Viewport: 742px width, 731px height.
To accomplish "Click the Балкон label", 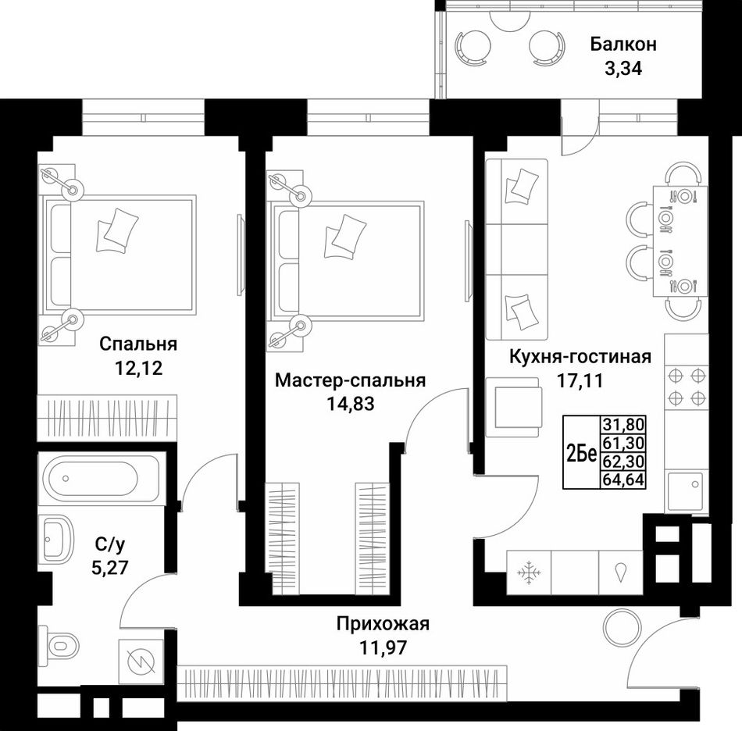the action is tap(623, 45).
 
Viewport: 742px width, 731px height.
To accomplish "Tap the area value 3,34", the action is tap(623, 69).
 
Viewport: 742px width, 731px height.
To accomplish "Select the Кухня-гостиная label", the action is tap(580, 356).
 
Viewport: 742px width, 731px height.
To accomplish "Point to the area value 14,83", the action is tap(350, 404).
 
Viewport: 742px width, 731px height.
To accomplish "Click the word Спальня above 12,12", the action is tap(138, 344).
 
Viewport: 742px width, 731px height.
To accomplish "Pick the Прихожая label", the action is tap(383, 624).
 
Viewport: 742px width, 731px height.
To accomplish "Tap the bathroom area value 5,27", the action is tap(110, 567).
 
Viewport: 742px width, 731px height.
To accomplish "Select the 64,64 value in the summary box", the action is tap(623, 480).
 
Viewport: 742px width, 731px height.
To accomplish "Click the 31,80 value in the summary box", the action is tap(623, 424).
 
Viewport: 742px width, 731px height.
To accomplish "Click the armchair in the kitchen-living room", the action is tap(513, 407).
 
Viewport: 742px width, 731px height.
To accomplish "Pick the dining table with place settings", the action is tap(680, 241).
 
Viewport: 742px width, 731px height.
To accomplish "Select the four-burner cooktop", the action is tap(687, 387).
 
